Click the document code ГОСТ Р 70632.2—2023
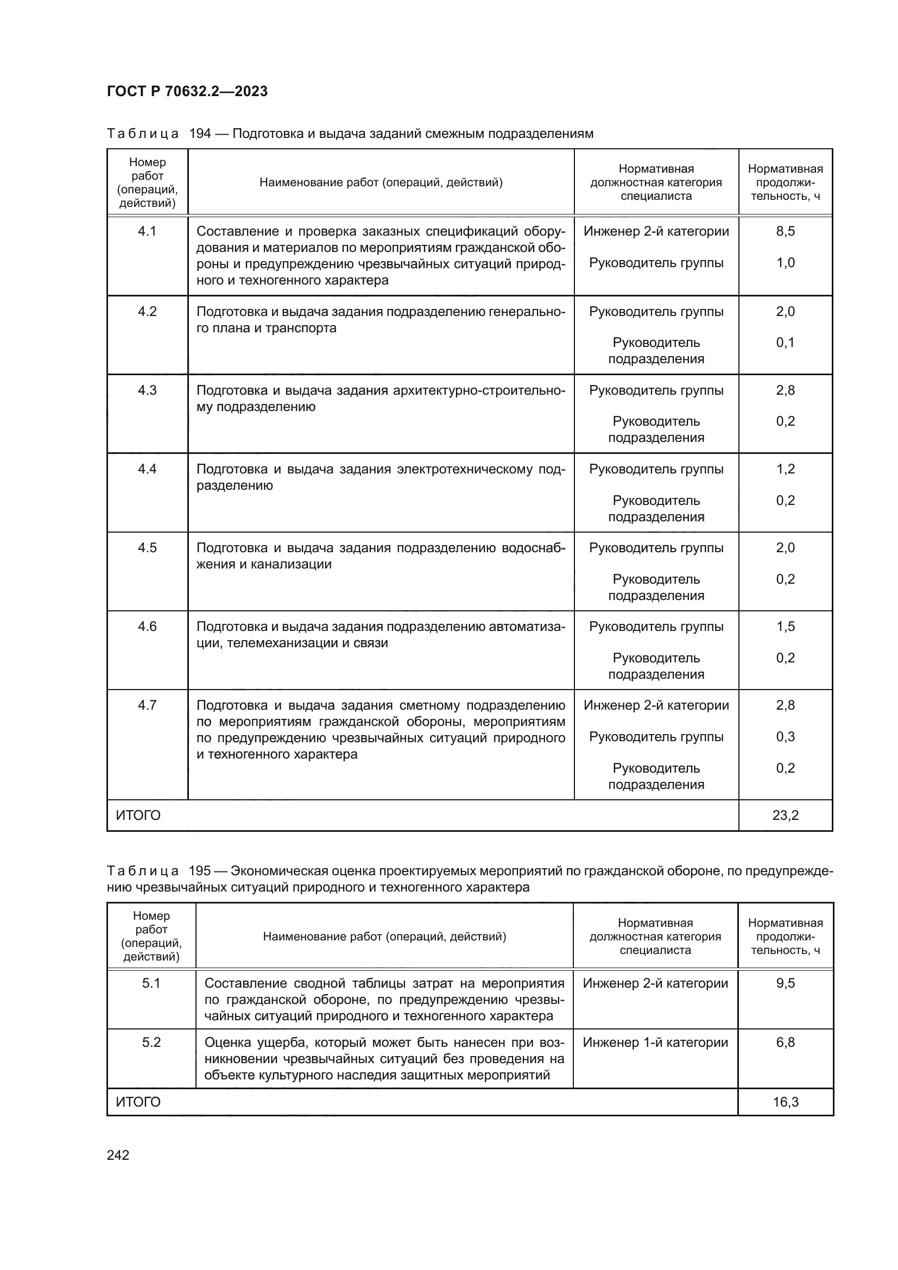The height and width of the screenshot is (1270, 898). [187, 91]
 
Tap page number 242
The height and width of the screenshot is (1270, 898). [118, 1155]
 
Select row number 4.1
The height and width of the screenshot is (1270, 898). [147, 231]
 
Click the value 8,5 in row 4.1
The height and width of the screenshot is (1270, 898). [785, 231]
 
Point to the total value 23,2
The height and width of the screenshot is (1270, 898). [785, 816]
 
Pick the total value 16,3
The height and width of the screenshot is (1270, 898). [785, 1102]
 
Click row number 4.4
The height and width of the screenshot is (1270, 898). [147, 469]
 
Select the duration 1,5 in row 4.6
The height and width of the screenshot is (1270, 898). [785, 626]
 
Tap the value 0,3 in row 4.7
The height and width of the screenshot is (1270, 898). [785, 737]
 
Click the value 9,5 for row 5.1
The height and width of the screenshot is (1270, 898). [785, 983]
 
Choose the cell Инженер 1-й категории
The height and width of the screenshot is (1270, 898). [655, 1042]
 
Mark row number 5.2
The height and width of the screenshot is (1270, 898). [151, 1042]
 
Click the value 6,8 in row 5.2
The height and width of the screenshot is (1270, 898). [785, 1042]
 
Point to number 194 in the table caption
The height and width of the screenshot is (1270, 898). [200, 134]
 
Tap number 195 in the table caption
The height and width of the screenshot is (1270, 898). [200, 870]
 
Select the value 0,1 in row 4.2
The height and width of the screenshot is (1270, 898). [785, 343]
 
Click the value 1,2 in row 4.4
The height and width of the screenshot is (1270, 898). [785, 469]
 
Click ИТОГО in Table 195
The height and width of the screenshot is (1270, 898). [138, 1102]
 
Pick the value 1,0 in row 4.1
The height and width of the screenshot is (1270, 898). [785, 263]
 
